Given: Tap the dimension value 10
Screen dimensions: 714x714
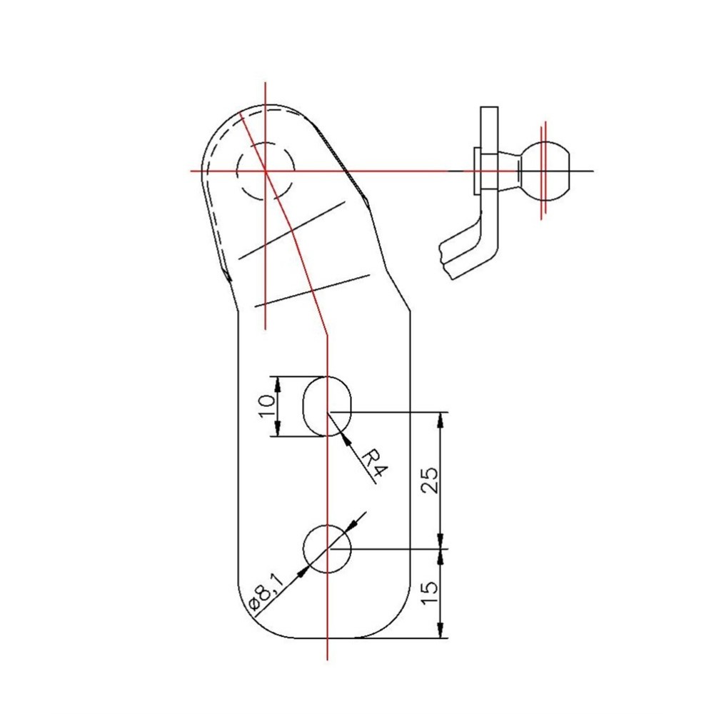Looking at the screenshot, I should click(266, 406).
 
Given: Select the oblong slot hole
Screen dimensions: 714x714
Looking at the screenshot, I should click(328, 406).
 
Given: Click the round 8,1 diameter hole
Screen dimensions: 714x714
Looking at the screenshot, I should click(328, 548).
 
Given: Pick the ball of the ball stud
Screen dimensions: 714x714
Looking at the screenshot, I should click(546, 171).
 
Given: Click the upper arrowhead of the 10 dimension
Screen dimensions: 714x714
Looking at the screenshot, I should click(278, 383).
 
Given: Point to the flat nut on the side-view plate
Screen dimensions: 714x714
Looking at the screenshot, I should click(476, 171).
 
